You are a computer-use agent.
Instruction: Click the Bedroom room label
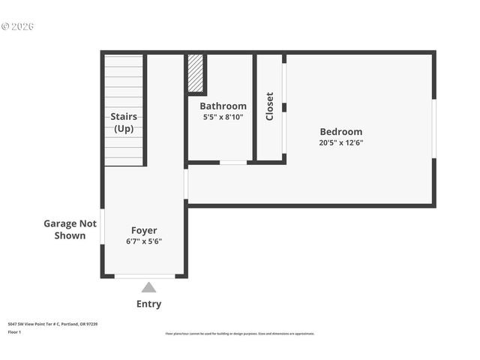click(340, 131)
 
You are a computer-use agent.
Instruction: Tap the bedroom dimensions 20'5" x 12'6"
click(340, 142)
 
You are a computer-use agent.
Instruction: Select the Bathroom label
click(223, 106)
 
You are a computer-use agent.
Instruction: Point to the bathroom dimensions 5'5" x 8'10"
click(223, 118)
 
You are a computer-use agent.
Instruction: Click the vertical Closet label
click(269, 106)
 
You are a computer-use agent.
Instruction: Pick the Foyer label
click(144, 230)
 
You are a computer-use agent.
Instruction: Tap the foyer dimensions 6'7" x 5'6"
click(144, 241)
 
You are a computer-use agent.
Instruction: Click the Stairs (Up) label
click(124, 122)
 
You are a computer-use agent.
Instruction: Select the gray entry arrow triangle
click(148, 287)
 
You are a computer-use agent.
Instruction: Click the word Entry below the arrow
click(148, 304)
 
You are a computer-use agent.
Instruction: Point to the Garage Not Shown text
click(70, 229)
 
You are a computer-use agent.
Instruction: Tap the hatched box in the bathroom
click(196, 73)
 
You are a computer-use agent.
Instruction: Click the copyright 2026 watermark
click(18, 26)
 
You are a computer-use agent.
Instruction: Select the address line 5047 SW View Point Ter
click(52, 324)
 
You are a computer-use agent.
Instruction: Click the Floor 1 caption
click(14, 331)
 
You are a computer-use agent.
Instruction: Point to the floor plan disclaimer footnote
click(240, 334)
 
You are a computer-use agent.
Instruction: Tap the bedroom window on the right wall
click(433, 128)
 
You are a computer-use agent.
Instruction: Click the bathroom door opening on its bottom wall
click(233, 162)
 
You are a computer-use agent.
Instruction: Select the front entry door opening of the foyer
click(145, 276)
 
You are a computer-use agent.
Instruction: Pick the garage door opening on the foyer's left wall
click(102, 226)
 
